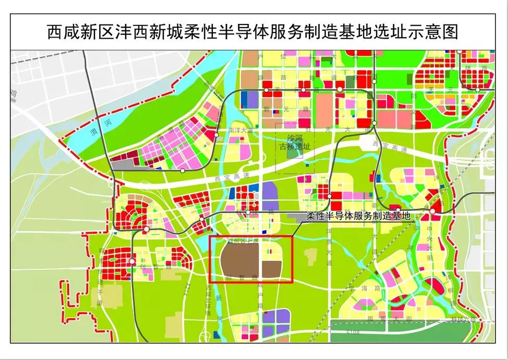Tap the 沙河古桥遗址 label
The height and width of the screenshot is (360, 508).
[295, 142]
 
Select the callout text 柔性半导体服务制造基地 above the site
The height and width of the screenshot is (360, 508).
[358, 216]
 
